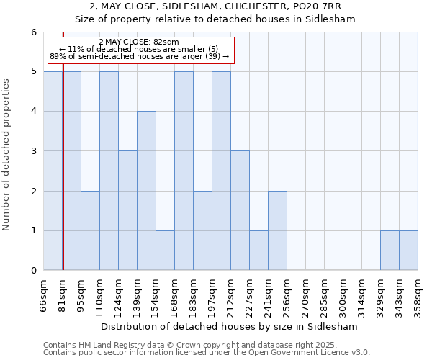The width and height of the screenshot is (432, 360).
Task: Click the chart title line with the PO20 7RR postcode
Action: tap(215, 6)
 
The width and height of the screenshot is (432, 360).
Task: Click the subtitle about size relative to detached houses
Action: tap(215, 19)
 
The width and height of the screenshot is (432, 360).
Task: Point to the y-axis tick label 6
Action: tap(33, 32)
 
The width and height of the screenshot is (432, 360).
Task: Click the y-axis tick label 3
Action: tap(33, 151)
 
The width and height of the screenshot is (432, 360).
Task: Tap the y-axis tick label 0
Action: tap(33, 271)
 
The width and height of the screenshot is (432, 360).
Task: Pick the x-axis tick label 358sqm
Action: tap(418, 293)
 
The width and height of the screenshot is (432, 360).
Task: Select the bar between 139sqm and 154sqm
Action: tap(146, 191)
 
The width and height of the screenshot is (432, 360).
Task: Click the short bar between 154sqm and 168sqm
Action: tap(165, 251)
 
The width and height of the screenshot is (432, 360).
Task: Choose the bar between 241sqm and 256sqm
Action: tap(277, 230)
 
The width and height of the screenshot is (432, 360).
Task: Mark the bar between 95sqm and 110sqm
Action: tap(90, 230)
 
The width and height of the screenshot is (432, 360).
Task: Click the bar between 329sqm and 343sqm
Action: tap(390, 251)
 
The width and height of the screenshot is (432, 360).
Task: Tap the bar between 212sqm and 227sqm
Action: tap(240, 210)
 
